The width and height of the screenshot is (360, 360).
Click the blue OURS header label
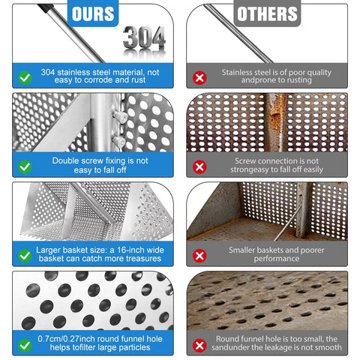pyautogui.click(x=93, y=13)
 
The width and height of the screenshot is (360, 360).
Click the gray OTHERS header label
pyautogui.click(x=267, y=13)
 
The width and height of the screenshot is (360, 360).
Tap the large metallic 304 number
pyautogui.click(x=144, y=37)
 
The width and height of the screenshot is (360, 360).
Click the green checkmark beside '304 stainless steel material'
pyautogui.click(x=25, y=78)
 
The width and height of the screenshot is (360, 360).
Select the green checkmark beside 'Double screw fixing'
pyautogui.click(x=25, y=166)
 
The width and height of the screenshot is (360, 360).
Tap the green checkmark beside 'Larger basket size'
pyautogui.click(x=25, y=256)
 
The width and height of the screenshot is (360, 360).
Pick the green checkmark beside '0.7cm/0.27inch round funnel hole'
pyautogui.click(x=25, y=346)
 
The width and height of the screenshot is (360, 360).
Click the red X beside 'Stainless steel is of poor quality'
pyautogui.click(x=199, y=78)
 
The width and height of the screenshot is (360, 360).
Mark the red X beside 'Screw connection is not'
pyautogui.click(x=199, y=166)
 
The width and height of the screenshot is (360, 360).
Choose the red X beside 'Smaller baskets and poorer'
pyautogui.click(x=199, y=256)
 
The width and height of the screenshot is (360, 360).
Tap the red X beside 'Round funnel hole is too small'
pyautogui.click(x=199, y=346)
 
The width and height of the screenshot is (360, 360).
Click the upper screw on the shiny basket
pyautogui.click(x=121, y=117)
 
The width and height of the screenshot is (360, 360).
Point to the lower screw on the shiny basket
pyautogui.click(x=118, y=141)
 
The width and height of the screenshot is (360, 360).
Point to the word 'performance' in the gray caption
pyautogui.click(x=277, y=259)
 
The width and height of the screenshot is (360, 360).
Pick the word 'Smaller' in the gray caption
pyautogui.click(x=241, y=250)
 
